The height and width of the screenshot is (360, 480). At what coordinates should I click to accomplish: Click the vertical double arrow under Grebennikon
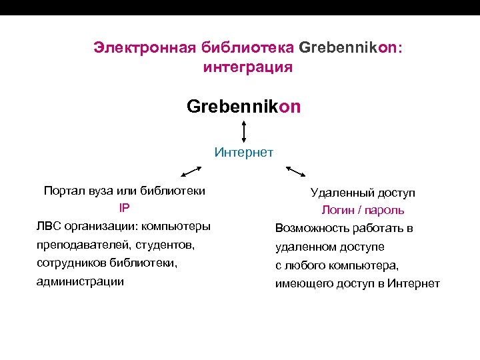[245, 131]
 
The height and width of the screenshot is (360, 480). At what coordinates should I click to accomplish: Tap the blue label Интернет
[244, 153]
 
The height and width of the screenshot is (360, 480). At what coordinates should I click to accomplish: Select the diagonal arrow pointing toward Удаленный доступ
[296, 171]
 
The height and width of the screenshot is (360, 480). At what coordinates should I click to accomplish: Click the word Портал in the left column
[63, 191]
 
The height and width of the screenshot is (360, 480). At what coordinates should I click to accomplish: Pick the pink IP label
[124, 208]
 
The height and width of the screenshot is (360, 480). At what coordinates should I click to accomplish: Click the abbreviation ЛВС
[49, 226]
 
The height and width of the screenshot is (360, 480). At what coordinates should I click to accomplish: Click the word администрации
[80, 281]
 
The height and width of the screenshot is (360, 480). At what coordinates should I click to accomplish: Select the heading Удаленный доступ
[363, 193]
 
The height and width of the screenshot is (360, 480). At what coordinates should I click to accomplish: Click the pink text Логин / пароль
[363, 211]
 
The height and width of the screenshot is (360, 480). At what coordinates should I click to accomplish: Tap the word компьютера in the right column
[362, 265]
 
